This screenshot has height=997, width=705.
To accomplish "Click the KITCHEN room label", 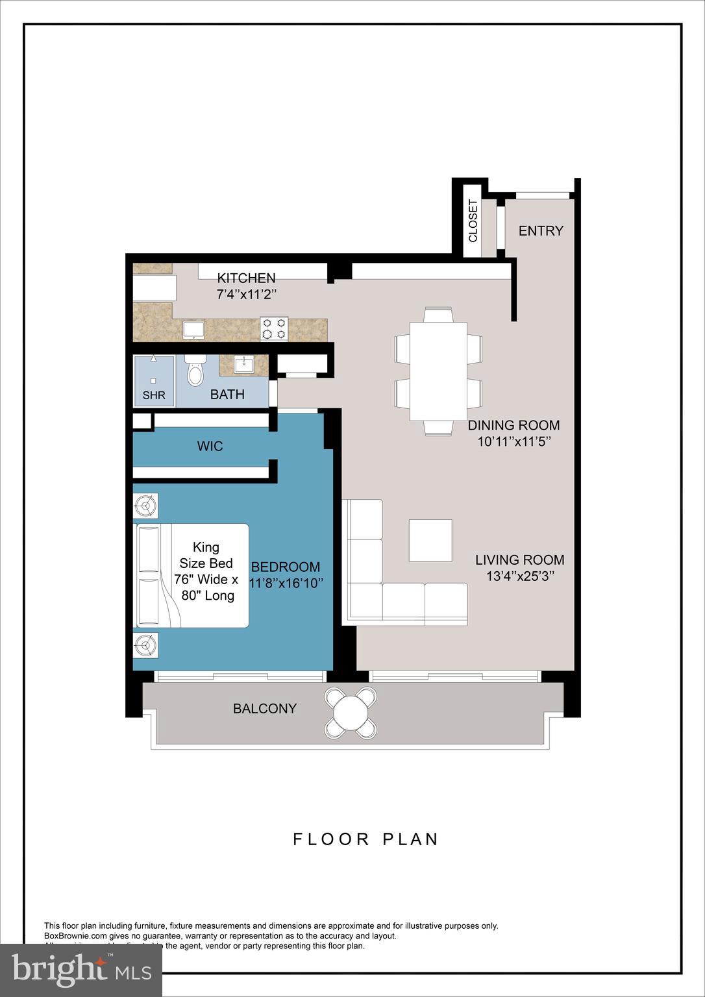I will point(246,278).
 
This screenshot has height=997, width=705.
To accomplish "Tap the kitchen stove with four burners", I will point(274,328).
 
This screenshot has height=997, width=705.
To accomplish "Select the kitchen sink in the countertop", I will point(193,330).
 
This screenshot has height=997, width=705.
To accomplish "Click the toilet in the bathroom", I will point(195,371).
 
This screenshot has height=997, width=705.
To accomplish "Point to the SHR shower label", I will point(154,395).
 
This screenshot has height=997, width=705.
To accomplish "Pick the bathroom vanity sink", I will point(244,365).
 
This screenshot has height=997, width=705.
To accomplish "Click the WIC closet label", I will point(210,446).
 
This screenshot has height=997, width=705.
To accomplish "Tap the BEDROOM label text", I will point(286,567).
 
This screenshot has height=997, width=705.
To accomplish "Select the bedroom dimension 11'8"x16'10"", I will point(286,583).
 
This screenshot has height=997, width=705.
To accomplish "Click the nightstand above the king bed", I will point(145,506).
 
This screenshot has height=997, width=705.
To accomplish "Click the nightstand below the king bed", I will point(145,645).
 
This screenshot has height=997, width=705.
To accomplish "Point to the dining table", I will point(438,371).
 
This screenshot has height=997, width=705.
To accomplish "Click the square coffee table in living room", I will point(430,540).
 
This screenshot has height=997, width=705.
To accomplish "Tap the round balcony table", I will point(351,713).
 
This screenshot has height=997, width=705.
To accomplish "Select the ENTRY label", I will point(541,230).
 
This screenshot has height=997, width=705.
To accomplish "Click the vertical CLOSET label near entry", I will point(473,221).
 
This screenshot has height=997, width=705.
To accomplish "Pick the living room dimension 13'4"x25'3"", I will point(520,576).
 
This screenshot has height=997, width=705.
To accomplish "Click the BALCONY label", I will point(265,708).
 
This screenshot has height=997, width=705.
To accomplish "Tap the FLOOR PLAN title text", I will point(366,839).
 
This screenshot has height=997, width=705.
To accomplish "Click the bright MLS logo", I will point(81,970).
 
